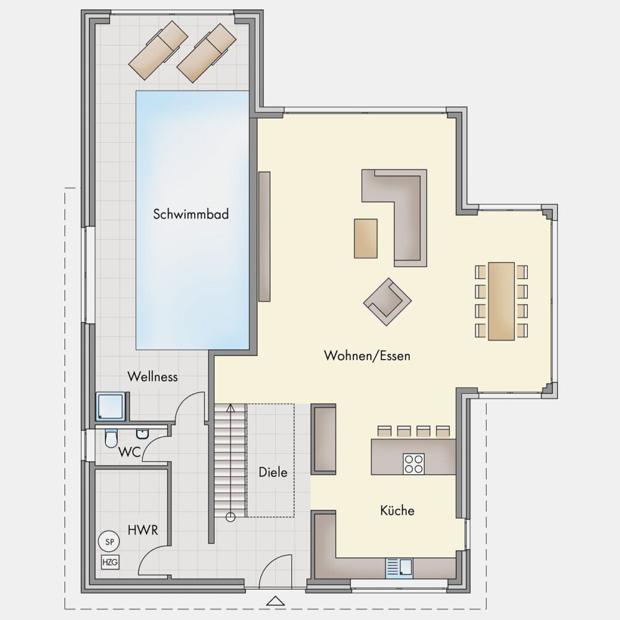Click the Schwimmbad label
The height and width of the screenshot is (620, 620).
point(191,214)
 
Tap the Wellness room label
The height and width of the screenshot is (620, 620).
point(153,376)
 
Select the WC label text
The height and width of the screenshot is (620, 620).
point(130,452)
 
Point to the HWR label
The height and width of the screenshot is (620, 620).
point(143,530)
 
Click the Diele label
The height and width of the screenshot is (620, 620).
point(273,472)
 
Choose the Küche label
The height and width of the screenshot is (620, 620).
point(397,510)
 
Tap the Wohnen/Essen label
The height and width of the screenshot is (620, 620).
point(367,355)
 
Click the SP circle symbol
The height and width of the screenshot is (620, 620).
point(110,542)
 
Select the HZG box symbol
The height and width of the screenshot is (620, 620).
point(110,562)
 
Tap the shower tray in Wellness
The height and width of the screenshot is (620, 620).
point(112,406)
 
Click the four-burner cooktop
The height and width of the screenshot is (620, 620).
point(414,464)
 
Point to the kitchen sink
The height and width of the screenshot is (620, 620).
point(399,567)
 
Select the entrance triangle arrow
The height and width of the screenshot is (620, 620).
point(276,601)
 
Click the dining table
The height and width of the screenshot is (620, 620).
point(502,301)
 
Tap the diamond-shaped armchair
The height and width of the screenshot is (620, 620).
point(387,302)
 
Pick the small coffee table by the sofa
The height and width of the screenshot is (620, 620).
point(365,239)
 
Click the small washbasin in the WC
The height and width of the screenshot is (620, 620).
point(141,434)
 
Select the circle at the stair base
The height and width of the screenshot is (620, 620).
point(231,516)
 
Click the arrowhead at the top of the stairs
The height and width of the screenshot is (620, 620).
point(231,407)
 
